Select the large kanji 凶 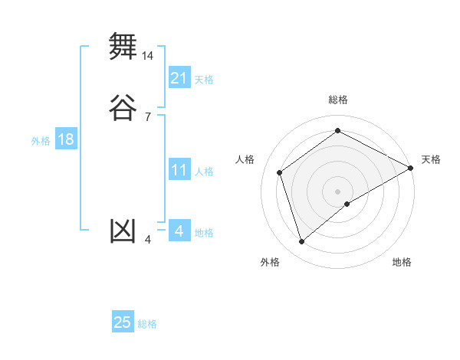[x=123, y=231]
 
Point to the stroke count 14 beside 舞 [x=148, y=56]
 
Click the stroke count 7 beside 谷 [x=147, y=116]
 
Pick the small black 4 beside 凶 [x=148, y=241]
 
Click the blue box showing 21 [x=179, y=78]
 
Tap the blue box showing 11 [x=179, y=170]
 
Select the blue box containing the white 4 [x=179, y=231]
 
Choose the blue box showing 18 [x=66, y=139]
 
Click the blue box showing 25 [x=123, y=322]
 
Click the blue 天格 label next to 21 [x=204, y=80]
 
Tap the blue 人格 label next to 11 [x=204, y=172]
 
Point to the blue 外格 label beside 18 [x=41, y=141]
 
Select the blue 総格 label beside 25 [x=147, y=324]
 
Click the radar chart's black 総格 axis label [x=338, y=100]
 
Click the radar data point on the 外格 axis [x=301, y=242]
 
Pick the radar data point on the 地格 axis [x=347, y=204]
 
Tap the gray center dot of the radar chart [x=338, y=191]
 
